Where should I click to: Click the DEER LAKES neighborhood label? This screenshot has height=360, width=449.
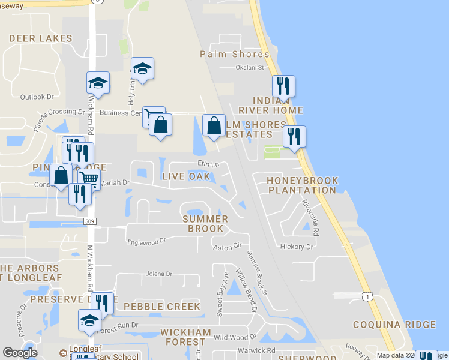point(41,38)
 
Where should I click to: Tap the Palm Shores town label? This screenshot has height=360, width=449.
point(232,55)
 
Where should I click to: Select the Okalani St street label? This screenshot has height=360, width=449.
point(250,68)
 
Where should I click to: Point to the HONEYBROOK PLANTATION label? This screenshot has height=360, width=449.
point(302,185)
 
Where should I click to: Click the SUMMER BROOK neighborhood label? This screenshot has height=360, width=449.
point(205,224)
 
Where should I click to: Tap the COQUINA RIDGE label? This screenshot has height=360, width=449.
point(403,325)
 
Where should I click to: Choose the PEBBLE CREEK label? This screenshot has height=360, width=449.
point(161,307)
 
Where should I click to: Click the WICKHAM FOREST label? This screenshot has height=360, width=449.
point(185,337)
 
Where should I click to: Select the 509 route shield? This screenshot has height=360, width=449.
point(89,221)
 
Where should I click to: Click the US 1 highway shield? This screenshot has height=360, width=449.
point(367,296)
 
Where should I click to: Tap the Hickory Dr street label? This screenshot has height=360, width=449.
point(297,247)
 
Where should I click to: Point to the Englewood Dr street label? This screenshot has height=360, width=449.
point(146,241)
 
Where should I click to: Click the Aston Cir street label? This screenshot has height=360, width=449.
point(227,246)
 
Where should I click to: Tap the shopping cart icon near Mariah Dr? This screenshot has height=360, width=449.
point(89,178)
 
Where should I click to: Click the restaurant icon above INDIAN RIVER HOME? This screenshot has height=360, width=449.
point(283,86)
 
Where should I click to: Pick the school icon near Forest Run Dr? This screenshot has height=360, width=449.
point(89,319)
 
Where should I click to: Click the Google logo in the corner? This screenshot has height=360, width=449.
point(20,353)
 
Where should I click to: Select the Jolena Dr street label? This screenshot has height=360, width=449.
point(158,274)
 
